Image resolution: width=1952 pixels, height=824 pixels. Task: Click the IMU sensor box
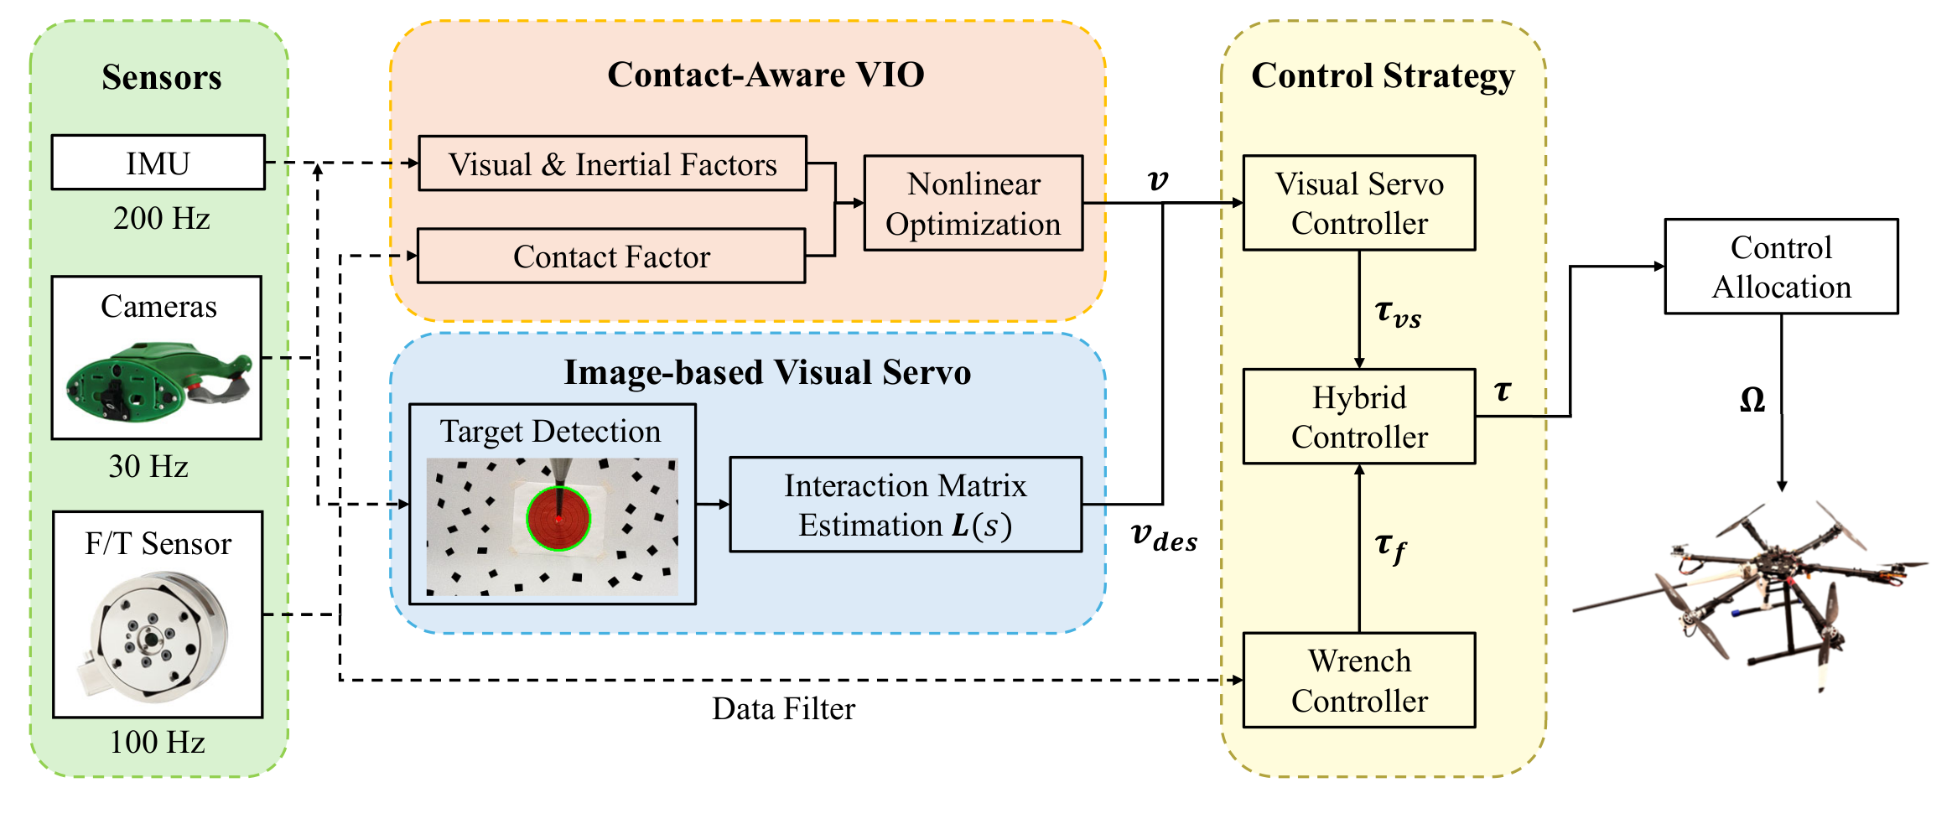click(158, 163)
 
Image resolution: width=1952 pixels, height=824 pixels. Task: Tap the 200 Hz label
click(161, 219)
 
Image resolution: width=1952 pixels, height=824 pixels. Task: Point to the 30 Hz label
click(148, 466)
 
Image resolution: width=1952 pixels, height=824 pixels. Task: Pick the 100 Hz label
click(157, 742)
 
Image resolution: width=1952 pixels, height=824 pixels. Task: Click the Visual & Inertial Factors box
click(612, 164)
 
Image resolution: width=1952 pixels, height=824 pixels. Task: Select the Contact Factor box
click(611, 257)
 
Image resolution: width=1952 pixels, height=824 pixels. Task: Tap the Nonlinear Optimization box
click(973, 204)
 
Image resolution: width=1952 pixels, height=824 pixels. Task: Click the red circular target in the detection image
click(558, 519)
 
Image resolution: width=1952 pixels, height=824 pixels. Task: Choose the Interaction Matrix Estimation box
click(906, 505)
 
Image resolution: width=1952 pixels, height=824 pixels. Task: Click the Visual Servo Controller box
click(1358, 204)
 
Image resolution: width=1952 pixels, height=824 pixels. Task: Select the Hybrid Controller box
click(1358, 417)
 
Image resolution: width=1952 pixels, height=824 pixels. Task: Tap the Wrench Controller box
click(1358, 680)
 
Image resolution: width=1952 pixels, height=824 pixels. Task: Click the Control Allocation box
click(1781, 267)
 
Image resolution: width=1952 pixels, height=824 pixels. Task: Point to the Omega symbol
click(1752, 400)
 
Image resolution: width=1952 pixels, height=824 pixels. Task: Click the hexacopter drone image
click(1752, 591)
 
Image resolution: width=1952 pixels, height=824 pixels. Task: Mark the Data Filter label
click(783, 709)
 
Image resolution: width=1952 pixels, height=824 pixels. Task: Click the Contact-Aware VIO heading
click(766, 75)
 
